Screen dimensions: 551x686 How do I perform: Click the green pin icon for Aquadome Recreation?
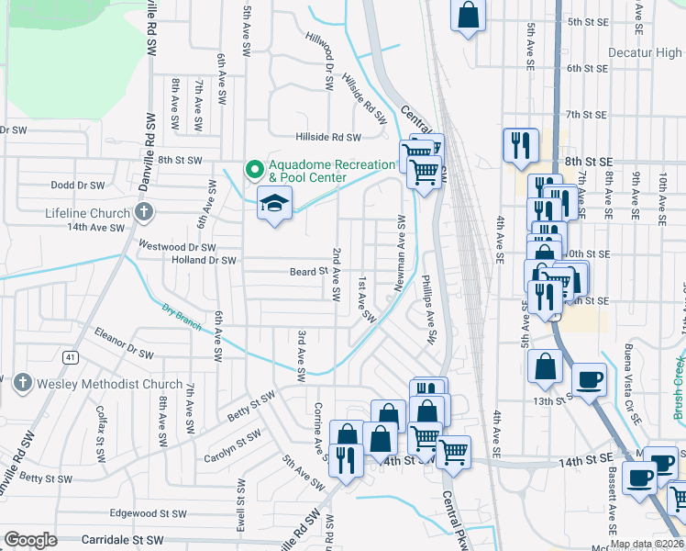click(254, 170)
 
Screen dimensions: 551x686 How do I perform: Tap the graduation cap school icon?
click(273, 203)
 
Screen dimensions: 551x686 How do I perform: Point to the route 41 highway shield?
click(71, 356)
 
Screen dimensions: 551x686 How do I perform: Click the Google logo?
click(31, 539)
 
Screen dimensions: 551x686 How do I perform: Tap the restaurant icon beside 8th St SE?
click(520, 144)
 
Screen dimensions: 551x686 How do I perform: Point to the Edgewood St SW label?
click(149, 513)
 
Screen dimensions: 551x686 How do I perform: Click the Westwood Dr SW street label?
click(176, 247)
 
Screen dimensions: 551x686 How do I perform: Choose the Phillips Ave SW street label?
click(428, 308)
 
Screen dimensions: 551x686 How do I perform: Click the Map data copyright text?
click(647, 544)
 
